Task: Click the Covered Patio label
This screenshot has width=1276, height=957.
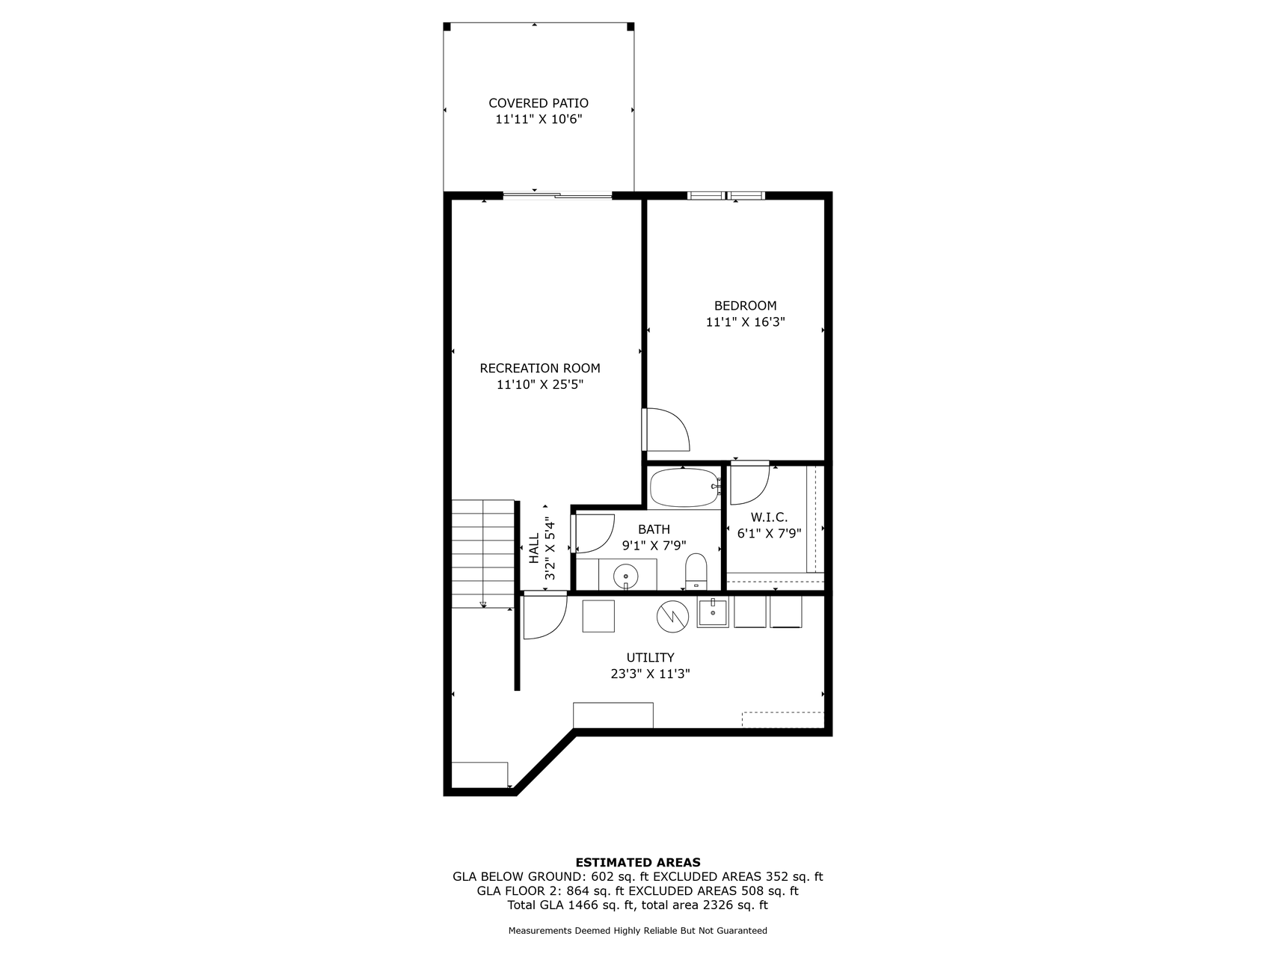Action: point(538,103)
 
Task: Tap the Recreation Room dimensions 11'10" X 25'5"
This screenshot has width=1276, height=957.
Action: point(539,385)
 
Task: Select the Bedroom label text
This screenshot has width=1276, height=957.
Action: point(745,306)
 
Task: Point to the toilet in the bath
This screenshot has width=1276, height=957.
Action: point(696,572)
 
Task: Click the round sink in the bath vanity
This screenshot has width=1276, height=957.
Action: point(625,576)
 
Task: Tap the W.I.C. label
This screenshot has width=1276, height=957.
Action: point(769,517)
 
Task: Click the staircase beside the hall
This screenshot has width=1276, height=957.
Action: point(483,553)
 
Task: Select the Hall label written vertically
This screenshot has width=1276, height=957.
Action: point(534,548)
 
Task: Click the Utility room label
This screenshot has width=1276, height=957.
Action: point(650,658)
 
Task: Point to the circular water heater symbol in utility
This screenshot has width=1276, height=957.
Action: point(672,615)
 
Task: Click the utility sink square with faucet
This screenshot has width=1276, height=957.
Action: point(713,613)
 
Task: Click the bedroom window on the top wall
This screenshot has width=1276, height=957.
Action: point(726,196)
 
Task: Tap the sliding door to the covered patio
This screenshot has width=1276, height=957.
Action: point(557,197)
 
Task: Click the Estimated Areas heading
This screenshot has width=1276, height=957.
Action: point(637,862)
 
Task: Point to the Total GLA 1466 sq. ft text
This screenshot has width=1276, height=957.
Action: point(571,905)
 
